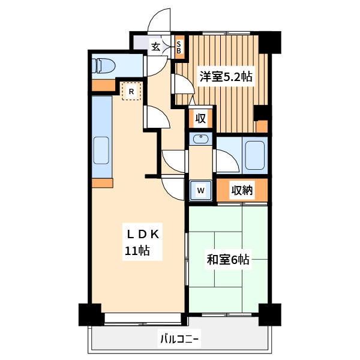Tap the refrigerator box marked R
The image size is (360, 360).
pyautogui.click(x=131, y=92)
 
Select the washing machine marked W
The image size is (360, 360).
pyautogui.click(x=202, y=191)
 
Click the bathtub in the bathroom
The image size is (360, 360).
pyautogui.click(x=254, y=154)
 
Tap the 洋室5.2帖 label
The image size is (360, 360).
pyautogui.click(x=226, y=76)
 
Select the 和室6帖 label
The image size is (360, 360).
pyautogui.click(x=228, y=260)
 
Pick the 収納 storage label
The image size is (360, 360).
pyautogui.click(x=242, y=191)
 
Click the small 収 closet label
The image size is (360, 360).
pyautogui.click(x=200, y=118)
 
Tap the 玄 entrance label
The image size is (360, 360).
pyautogui.click(x=155, y=46)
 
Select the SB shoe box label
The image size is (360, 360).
pyautogui.click(x=179, y=47)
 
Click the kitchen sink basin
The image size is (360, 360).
pyautogui.click(x=102, y=151)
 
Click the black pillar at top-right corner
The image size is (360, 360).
pyautogui.click(x=271, y=40)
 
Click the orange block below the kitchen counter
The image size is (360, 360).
pyautogui.click(x=102, y=182)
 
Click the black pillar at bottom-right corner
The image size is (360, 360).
pyautogui.click(x=270, y=314)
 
